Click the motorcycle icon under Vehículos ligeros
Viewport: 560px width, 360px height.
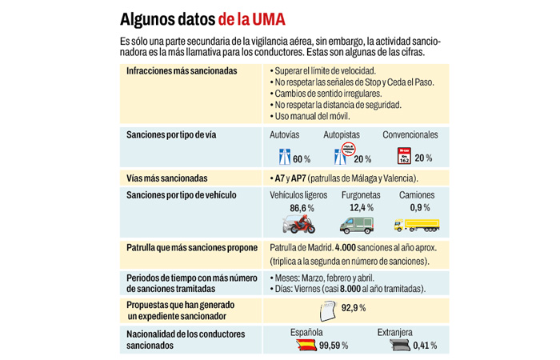pyautogui.click(x=298, y=224)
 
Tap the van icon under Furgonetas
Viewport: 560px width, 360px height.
pyautogui.click(x=356, y=225)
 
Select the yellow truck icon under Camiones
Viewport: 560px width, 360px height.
pyautogui.click(x=416, y=226)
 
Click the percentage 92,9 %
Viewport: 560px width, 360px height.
pyautogui.click(x=353, y=308)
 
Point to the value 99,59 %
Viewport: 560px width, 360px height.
pyautogui.click(x=334, y=346)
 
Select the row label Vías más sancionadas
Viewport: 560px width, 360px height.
pyautogui.click(x=167, y=178)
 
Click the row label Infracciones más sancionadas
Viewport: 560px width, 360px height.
pyautogui.click(x=182, y=70)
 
